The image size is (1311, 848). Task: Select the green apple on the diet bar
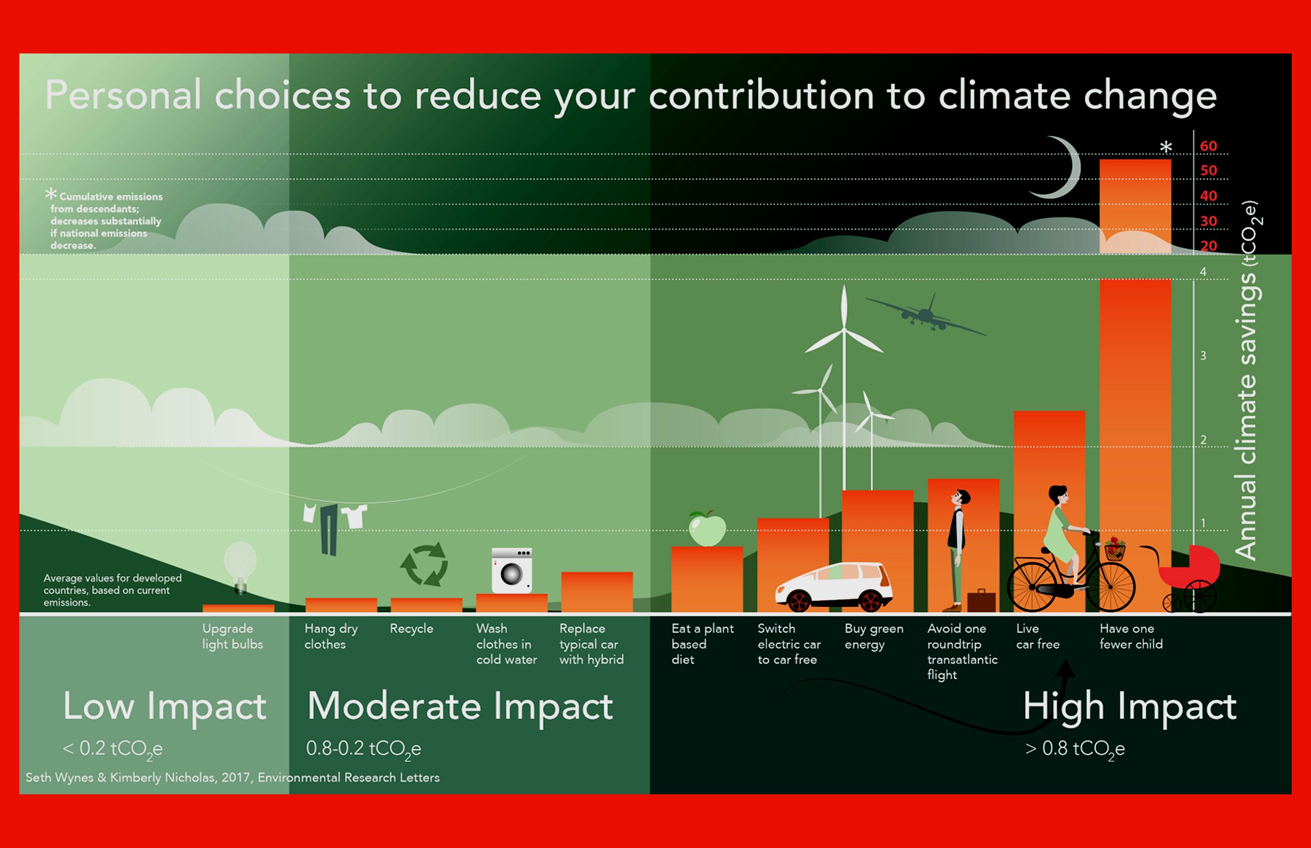pos(707,528)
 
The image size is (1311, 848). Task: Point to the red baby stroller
pos(1189,578)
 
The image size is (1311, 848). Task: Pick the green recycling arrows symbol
pos(424,565)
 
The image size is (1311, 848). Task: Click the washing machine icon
pos(511,571)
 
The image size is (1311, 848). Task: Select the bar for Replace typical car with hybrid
pos(597,592)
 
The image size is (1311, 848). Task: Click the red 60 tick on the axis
pos(1209,146)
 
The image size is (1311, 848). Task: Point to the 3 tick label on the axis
pos(1203,356)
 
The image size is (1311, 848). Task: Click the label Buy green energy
pos(874,637)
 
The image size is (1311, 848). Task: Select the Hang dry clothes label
pos(331,637)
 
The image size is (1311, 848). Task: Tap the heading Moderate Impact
pos(460,707)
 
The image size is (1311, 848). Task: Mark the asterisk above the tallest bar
pos(1166,147)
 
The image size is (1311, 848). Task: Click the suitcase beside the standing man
pos(981,601)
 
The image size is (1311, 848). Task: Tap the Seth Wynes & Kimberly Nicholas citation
pos(232,777)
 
